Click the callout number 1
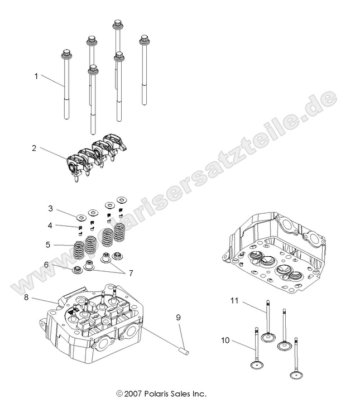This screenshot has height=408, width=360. click(x=37, y=76)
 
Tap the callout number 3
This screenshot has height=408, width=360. click(x=50, y=208)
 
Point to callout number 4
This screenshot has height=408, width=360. click(x=50, y=225)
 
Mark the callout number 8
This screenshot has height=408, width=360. click(x=26, y=297)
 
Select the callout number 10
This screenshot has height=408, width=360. click(x=225, y=340)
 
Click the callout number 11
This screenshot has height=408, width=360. click(x=235, y=301)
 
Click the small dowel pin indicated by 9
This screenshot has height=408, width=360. click(x=185, y=351)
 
